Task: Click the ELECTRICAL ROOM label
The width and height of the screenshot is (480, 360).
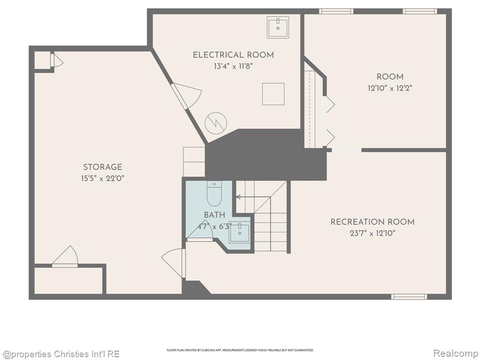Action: (x=233, y=55)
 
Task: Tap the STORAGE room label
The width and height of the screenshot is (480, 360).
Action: (x=103, y=167)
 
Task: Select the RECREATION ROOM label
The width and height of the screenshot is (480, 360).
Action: (x=373, y=222)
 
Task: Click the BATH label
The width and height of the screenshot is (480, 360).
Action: (x=215, y=215)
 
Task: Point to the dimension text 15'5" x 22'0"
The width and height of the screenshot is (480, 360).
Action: (x=103, y=178)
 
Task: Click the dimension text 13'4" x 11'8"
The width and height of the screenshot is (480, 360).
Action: (x=233, y=66)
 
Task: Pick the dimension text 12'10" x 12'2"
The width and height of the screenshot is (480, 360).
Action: (x=390, y=88)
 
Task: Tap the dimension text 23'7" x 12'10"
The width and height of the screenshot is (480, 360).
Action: (x=373, y=233)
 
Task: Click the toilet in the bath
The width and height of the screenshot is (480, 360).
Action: (x=214, y=194)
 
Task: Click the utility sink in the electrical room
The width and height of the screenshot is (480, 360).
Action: (x=278, y=27)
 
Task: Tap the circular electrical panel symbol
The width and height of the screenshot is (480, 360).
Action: (x=216, y=123)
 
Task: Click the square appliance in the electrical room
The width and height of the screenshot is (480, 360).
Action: (x=273, y=94)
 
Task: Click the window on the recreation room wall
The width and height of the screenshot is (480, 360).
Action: (x=409, y=296)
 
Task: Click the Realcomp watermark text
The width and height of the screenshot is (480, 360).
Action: (x=456, y=353)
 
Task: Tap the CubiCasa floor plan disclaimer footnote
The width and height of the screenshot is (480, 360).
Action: (x=240, y=350)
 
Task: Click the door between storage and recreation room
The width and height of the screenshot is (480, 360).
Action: (x=174, y=263)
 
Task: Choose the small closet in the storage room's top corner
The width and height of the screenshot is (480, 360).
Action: (x=42, y=60)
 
